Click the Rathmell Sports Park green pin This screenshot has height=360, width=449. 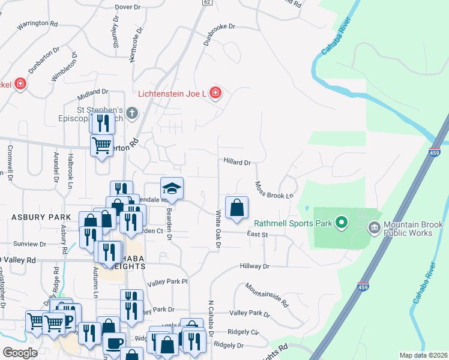point(342,223)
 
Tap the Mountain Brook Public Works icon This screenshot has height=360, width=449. point(374,227)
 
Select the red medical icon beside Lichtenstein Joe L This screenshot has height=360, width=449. point(215,94)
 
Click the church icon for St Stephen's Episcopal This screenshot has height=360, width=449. point(132,112)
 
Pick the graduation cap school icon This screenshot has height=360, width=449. point(172,189)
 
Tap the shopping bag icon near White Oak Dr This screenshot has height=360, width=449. point(237,208)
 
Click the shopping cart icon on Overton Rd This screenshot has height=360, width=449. point(101,145)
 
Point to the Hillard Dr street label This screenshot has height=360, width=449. point(237,162)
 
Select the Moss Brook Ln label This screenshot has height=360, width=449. point(274,191)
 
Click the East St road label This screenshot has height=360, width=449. point(256,235)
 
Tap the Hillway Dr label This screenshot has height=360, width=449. point(256,266)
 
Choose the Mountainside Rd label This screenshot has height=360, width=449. point(267,294)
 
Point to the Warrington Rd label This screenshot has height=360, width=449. point(37,24)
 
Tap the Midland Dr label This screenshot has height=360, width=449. point(92,94)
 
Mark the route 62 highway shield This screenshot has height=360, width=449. point(206,2)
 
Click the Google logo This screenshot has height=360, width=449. point(19,353)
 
